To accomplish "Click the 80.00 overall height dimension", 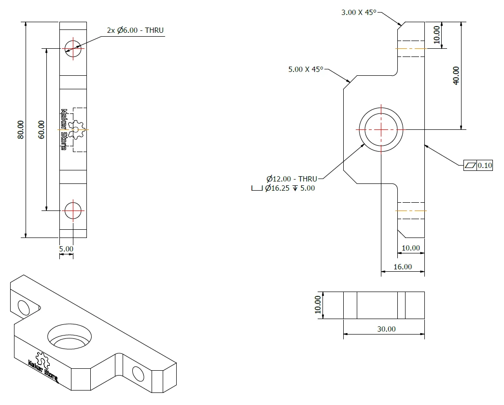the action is pos(20,129).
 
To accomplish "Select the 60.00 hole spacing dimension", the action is pos(41,129).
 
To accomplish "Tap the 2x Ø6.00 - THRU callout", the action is pos(135,30).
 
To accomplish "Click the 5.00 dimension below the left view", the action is pos(66,249).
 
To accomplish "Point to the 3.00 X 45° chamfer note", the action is pos(359,12).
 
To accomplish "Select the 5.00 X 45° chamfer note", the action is pos(306,69).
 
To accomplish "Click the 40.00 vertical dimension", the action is pos(456,75).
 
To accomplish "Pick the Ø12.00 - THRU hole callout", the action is pos(292,179).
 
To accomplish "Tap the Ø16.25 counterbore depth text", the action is pos(290,188).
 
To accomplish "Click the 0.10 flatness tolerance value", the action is pos(485,165).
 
